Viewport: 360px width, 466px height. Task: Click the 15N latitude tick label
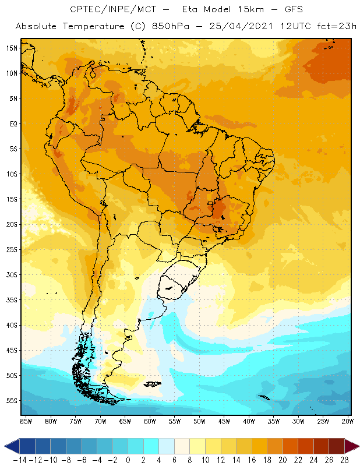tap(12, 48)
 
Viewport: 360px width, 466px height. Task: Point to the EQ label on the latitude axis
tap(13, 124)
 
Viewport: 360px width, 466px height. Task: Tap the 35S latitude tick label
tap(12, 300)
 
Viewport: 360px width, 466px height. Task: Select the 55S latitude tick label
tap(12, 401)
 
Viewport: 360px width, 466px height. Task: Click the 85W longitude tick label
tap(26, 421)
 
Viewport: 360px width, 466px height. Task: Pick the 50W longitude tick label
tap(199, 421)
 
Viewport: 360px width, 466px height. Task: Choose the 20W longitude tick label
tap(348, 421)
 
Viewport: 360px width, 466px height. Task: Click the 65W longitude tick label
tap(125, 421)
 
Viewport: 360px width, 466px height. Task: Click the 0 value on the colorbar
tap(128, 460)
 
